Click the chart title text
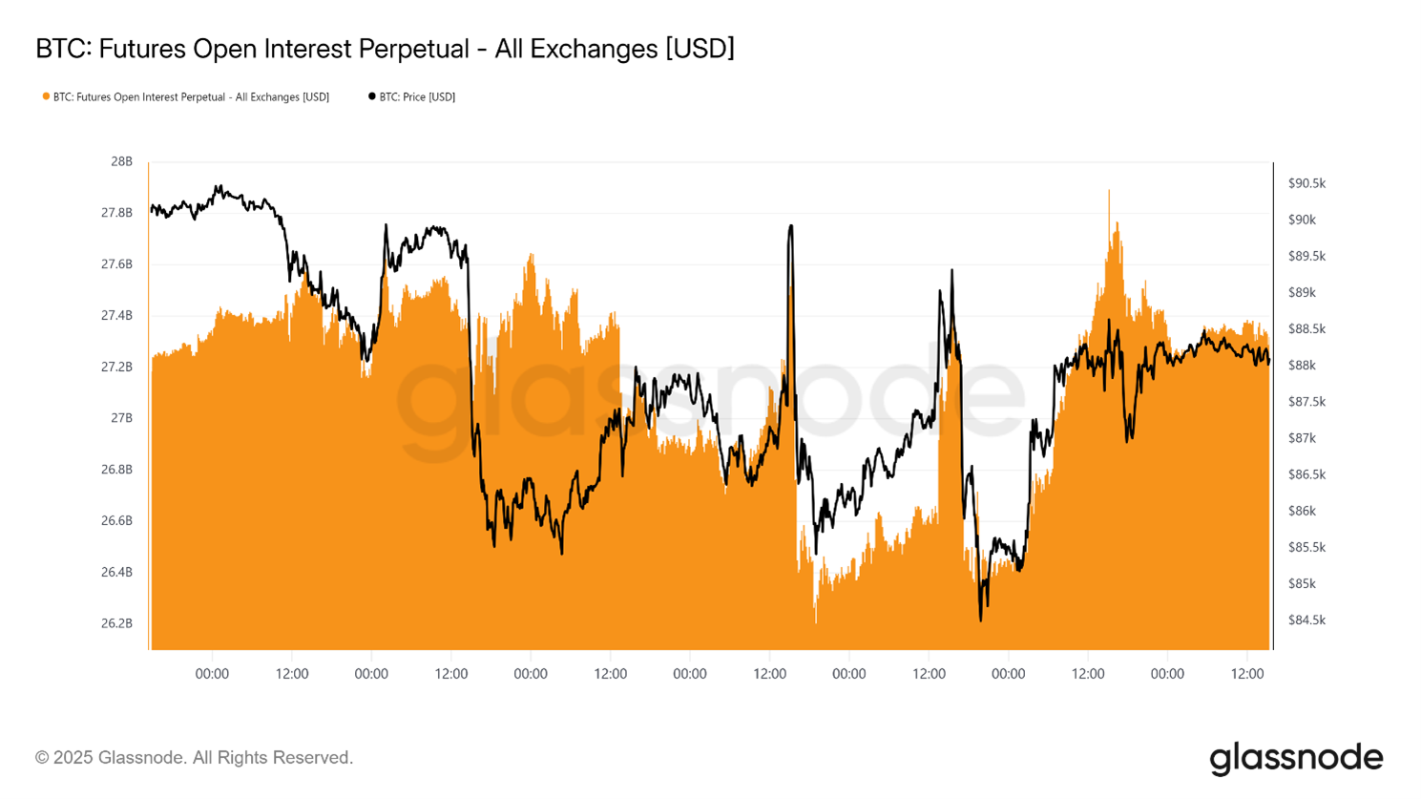point(385,49)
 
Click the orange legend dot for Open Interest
point(46,96)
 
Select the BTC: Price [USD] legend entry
point(416,97)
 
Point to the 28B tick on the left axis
point(121,161)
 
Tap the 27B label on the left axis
point(121,418)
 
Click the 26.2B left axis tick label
point(116,623)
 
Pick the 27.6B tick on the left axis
point(116,264)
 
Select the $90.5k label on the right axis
point(1306,183)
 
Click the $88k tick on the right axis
point(1302,366)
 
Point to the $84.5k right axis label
point(1306,620)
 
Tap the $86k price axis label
point(1302,511)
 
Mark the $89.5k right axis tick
point(1306,257)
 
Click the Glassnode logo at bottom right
point(1296,758)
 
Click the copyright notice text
point(195,758)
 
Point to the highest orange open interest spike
point(1109,191)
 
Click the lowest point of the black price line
point(980,620)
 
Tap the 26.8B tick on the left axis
point(116,470)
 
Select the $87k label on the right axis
point(1302,438)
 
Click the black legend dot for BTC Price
point(372,96)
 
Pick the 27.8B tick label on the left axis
point(116,213)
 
